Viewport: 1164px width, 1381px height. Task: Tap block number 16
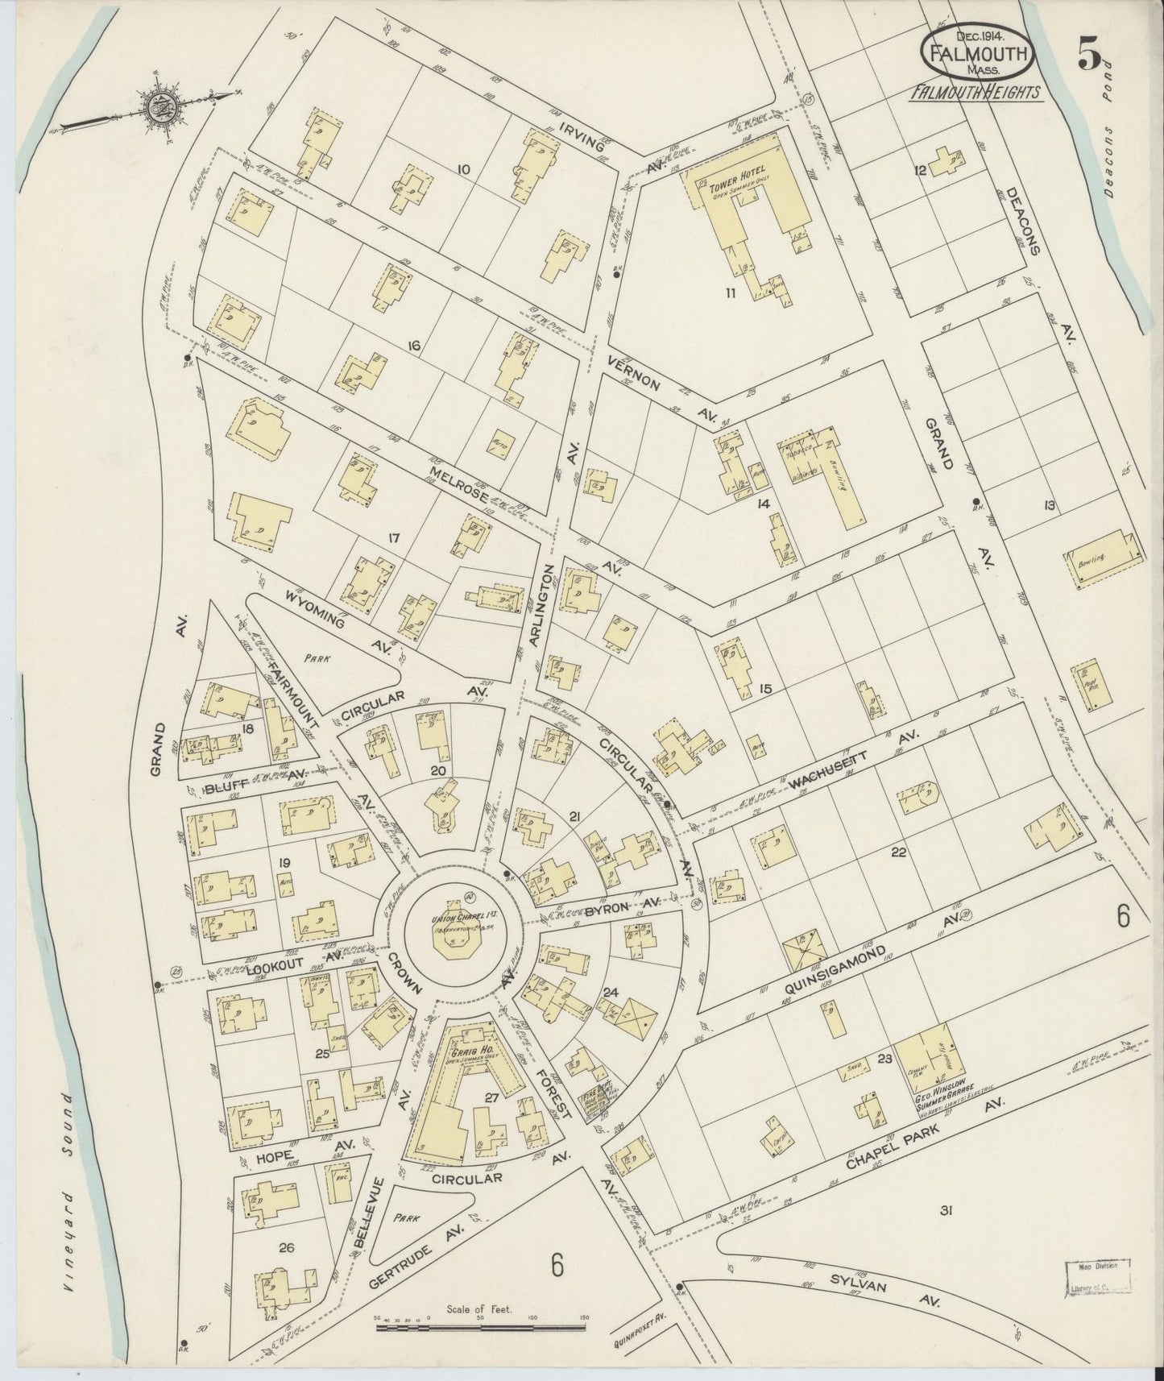pos(415,346)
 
